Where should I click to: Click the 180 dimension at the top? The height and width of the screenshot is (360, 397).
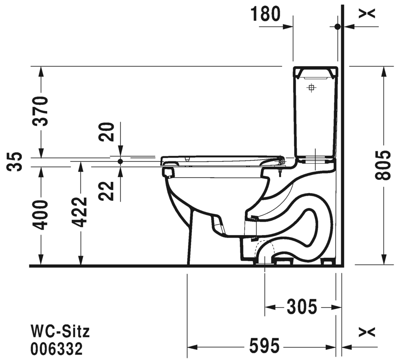pos(266,14)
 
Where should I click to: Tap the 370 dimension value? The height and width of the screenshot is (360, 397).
pos(41,111)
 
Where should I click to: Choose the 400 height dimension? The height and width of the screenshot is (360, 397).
pos(41,215)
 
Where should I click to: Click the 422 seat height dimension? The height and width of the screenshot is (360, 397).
pos(80,212)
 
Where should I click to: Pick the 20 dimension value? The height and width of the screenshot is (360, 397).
pos(106,132)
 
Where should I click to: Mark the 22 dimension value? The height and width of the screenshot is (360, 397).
pos(106,191)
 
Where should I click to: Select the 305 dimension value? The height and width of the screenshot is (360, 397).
pos(302,307)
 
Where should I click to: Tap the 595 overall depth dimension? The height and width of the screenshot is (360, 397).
pos(265,346)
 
